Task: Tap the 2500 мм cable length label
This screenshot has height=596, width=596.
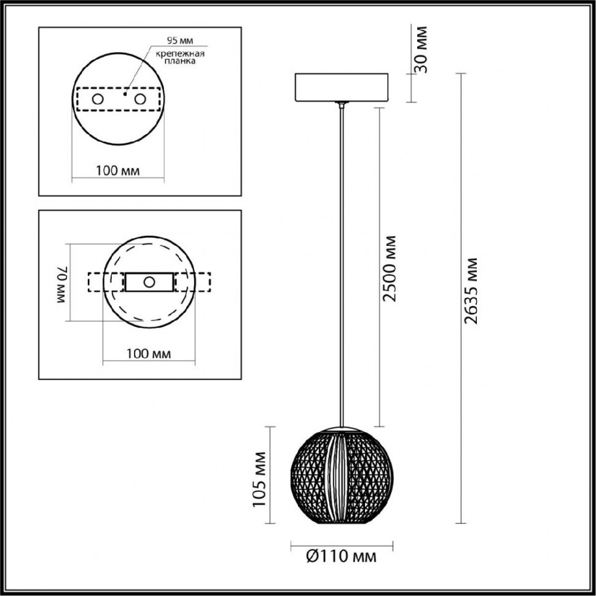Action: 388,267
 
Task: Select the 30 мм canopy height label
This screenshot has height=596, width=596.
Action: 422,50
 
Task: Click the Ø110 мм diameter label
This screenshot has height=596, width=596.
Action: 342,557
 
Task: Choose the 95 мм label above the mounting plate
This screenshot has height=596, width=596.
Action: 180,41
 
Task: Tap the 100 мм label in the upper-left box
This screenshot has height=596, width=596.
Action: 117,170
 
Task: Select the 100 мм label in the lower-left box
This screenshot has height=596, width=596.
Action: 148,353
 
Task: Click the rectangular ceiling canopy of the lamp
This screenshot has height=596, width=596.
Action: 342,87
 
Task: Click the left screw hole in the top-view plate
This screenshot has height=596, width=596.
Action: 98,99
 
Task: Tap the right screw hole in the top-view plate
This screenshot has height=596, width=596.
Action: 140,99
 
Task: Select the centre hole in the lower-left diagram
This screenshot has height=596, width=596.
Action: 149,282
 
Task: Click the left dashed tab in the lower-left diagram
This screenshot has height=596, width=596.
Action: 98,282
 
